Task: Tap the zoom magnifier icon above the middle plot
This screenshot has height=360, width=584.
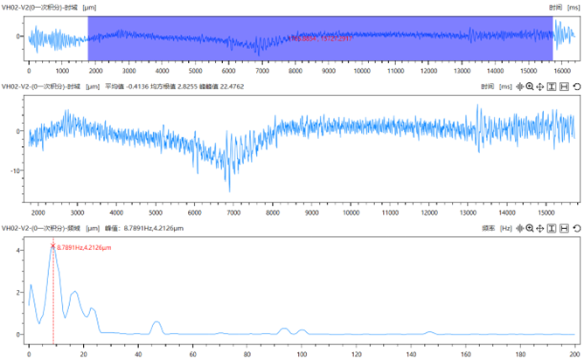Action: click(530, 87)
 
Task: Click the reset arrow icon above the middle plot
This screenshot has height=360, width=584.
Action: click(577, 87)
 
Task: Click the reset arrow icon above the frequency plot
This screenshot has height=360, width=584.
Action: click(577, 228)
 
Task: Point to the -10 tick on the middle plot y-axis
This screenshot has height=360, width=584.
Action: click(17, 170)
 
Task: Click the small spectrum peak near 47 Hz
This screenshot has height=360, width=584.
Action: click(156, 322)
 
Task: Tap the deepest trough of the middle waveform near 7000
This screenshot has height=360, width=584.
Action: click(230, 190)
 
